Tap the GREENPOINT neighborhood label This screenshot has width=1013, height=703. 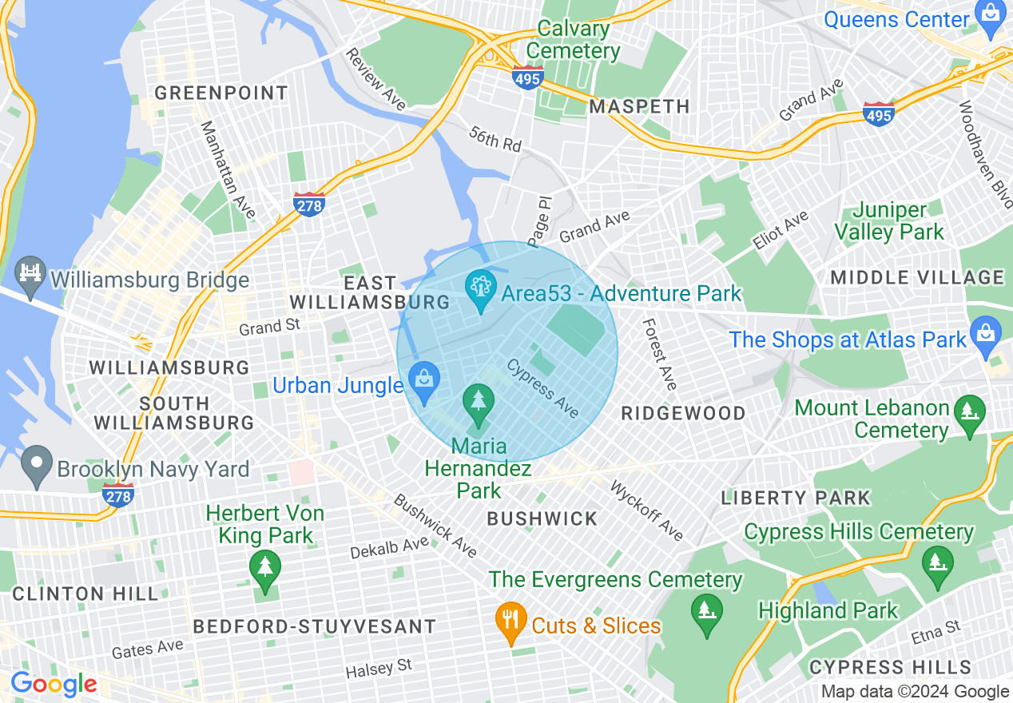coord(221,93)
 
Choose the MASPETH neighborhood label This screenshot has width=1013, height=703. coord(639,106)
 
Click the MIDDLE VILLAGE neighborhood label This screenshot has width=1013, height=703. coord(917,277)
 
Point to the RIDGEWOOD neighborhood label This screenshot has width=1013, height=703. coord(683,413)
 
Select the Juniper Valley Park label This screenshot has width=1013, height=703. coord(889,221)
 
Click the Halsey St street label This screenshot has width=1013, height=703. coord(379,669)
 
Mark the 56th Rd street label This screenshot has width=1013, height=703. coord(495,139)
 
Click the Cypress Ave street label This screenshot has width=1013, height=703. coord(542,387)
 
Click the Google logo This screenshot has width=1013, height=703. coord(54,684)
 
